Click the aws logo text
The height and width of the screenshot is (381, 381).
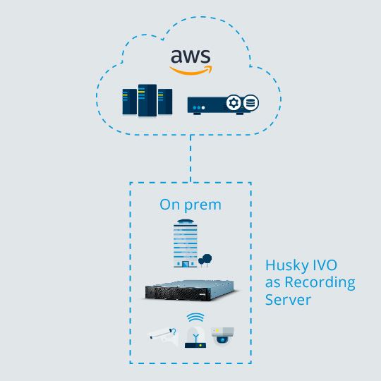point(190,56)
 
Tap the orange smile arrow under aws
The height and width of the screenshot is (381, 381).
point(191,71)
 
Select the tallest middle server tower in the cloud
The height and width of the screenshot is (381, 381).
point(147,100)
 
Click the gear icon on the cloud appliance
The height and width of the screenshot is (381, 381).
point(234,103)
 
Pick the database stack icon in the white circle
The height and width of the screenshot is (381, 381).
point(250,103)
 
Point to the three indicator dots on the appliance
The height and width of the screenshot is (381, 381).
point(199,107)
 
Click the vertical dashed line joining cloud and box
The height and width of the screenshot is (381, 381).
point(190,158)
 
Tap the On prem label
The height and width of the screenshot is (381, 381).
point(190,205)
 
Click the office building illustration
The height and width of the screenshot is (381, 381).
point(186,243)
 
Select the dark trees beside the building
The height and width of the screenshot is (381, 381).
point(205,260)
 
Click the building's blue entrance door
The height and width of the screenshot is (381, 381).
point(186,264)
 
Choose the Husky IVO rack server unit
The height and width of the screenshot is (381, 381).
point(190,291)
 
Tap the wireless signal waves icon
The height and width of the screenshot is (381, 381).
point(195,317)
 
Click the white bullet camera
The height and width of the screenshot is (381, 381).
point(163,335)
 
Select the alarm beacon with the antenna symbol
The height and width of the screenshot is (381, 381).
point(195,337)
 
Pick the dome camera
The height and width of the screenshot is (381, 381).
point(222,335)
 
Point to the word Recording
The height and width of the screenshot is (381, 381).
point(320,283)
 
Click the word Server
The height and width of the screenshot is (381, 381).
point(288,300)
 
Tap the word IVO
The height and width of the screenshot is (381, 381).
point(325,265)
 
